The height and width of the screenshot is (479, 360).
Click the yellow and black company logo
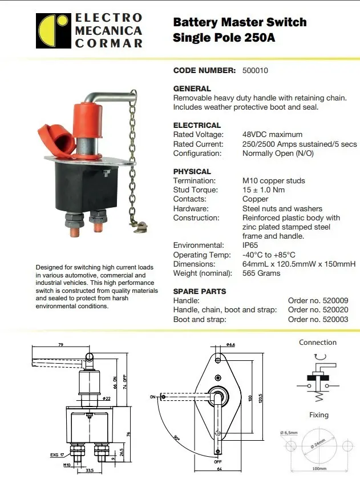[54, 31]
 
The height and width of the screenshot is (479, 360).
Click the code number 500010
[254, 71]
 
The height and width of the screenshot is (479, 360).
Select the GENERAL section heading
[192, 88]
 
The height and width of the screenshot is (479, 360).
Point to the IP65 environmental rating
[251, 245]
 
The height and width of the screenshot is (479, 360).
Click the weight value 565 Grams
[261, 273]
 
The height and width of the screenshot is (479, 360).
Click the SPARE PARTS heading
[199, 291]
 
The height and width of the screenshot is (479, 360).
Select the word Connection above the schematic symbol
[318, 343]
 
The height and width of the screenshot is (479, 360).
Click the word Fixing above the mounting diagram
[318, 415]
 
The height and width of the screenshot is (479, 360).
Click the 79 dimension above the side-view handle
[60, 345]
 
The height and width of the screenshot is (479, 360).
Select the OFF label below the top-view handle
[218, 462]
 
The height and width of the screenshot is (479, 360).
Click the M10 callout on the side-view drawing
[67, 466]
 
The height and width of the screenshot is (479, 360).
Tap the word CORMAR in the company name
[108, 43]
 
